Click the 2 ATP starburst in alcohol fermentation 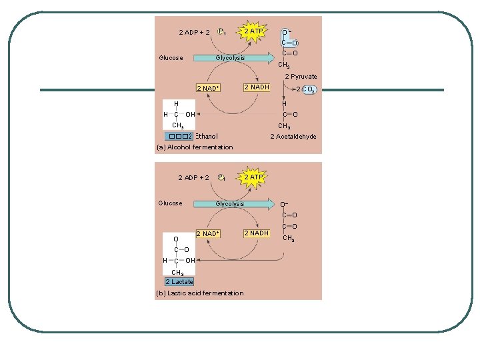pos(253,31)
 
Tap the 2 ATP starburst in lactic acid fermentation pos(253,177)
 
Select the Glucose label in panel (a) pos(171,58)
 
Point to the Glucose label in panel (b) pos(170,203)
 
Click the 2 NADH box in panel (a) pos(257,87)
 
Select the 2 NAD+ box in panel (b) pos(207,234)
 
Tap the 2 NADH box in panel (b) pos(257,233)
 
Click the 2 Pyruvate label pos(301,77)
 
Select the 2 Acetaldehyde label pos(293,137)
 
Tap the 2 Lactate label pos(179,281)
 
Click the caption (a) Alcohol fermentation pos(195,147)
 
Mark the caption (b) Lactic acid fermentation pos(200,293)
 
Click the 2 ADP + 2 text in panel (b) pos(194,178)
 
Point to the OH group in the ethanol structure pos(190,115)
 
